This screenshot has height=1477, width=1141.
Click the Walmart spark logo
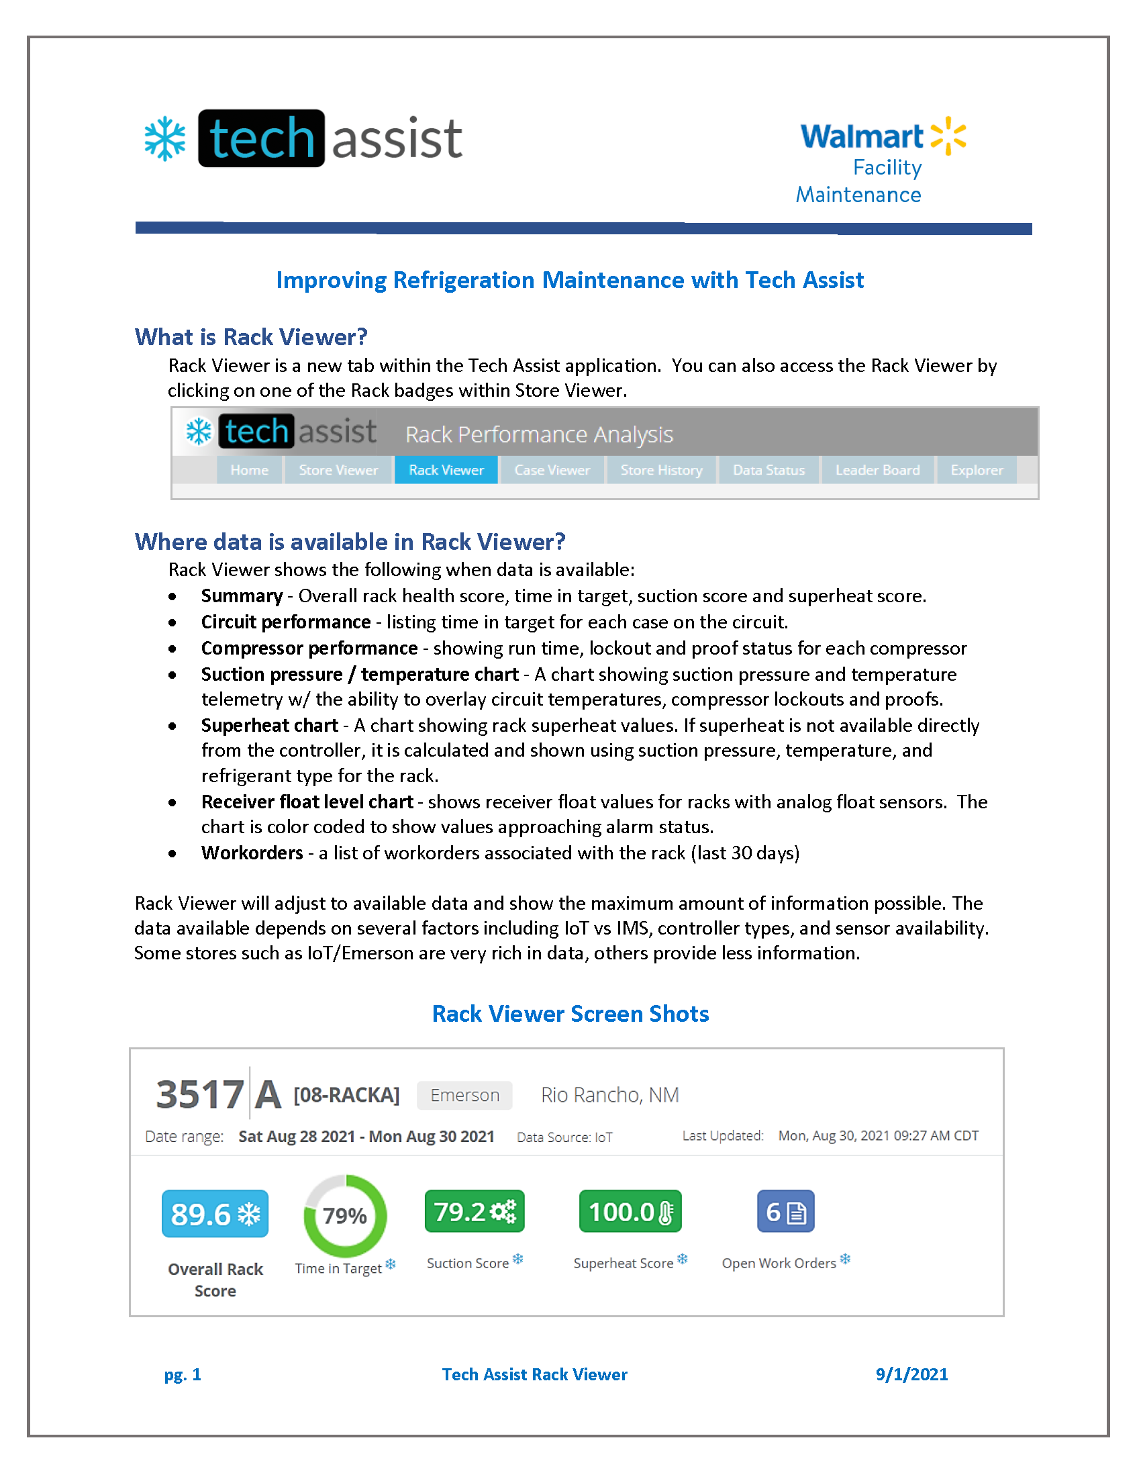(x=948, y=135)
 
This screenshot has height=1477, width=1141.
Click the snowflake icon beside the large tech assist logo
(x=165, y=140)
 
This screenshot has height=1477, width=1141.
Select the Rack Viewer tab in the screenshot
(x=446, y=470)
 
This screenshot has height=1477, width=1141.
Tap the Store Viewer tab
(x=338, y=470)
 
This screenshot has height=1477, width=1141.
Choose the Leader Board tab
(x=877, y=470)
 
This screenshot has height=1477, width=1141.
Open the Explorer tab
(x=976, y=470)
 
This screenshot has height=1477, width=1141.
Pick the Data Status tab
(x=768, y=470)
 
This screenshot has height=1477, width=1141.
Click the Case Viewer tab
(x=552, y=470)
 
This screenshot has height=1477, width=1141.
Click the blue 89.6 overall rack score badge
(x=215, y=1214)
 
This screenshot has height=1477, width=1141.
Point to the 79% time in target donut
(x=345, y=1216)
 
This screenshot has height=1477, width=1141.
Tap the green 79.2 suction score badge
(x=474, y=1212)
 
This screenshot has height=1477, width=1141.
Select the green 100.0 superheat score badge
(x=630, y=1212)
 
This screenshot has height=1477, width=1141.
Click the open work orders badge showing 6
(x=785, y=1212)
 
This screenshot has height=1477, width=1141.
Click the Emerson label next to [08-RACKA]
(x=464, y=1095)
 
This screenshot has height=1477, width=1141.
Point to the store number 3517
(x=199, y=1095)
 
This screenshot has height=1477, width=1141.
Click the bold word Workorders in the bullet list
(x=252, y=853)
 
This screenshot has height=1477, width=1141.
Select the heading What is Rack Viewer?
(x=251, y=337)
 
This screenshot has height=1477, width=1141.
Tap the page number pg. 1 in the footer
(x=183, y=1374)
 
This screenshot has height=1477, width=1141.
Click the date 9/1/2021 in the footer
(x=911, y=1374)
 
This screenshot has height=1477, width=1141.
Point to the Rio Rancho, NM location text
(x=609, y=1095)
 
